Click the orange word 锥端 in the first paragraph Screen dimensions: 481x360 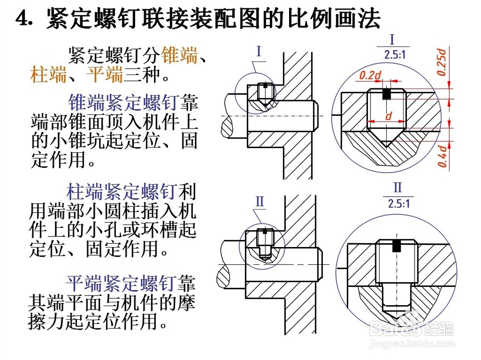click(180, 55)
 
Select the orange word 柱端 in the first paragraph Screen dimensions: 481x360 click(49, 75)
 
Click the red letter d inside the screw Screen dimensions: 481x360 click(388, 116)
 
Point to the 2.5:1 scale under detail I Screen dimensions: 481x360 click(395, 55)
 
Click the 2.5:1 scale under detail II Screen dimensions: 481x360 click(399, 203)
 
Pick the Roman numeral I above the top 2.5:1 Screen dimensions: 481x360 click(392, 40)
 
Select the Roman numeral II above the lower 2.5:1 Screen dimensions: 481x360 click(397, 187)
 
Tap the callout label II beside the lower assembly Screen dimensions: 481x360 click(260, 201)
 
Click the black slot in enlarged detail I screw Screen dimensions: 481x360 click(386, 94)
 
